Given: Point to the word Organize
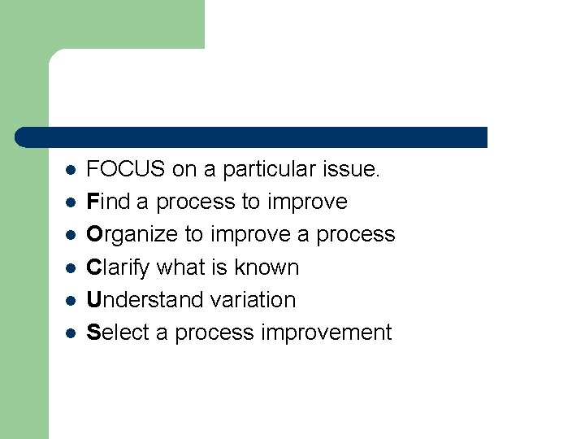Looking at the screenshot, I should (x=132, y=235).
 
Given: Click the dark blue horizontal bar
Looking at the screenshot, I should (x=252, y=137).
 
